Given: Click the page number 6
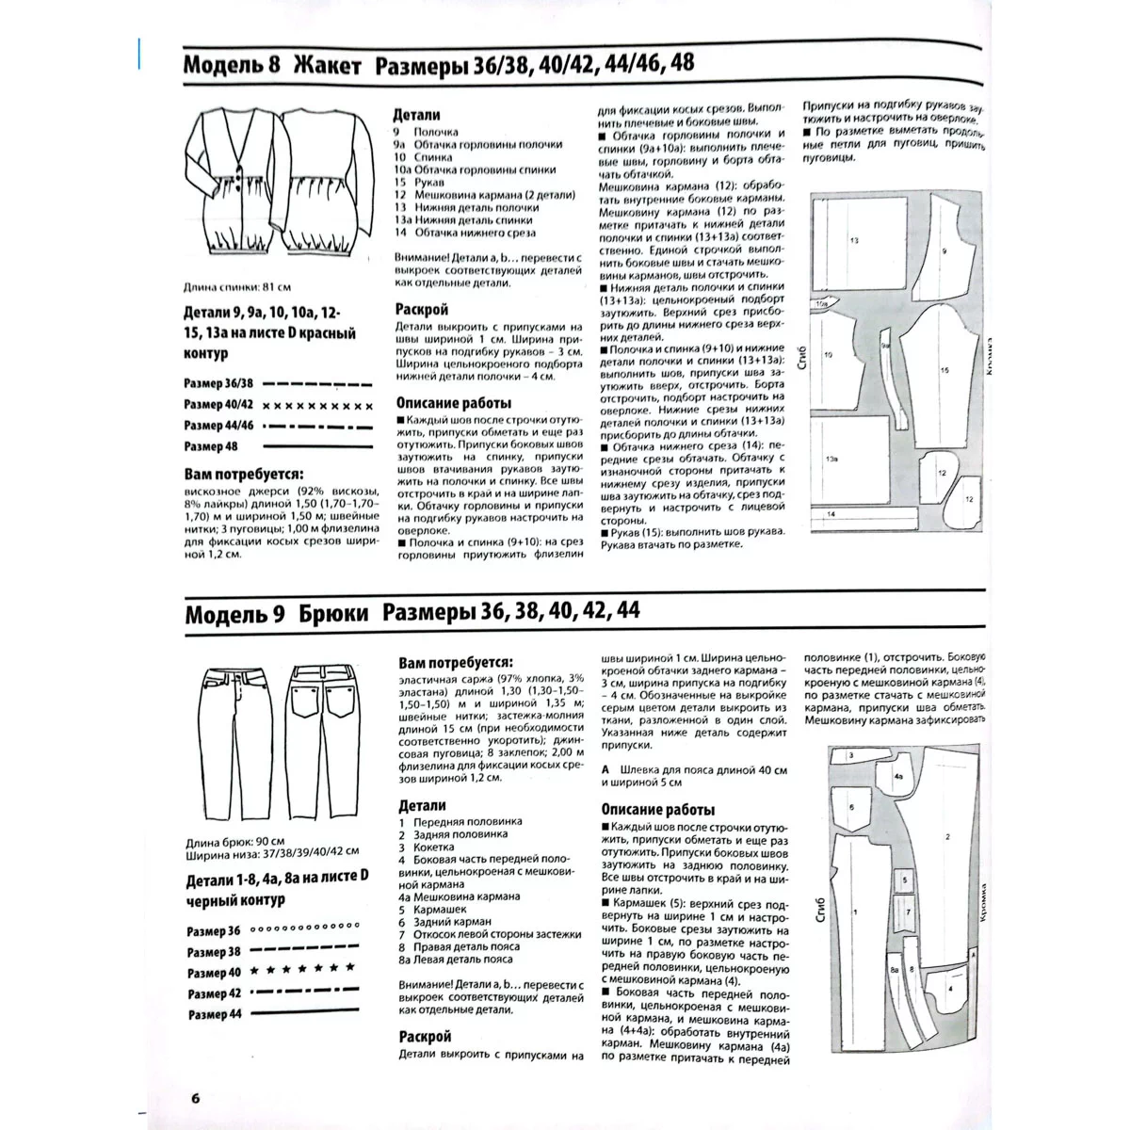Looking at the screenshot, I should click(195, 1097).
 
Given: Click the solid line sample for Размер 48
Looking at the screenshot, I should click(312, 445).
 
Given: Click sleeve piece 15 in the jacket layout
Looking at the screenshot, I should click(942, 372).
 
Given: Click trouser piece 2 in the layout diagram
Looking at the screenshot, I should click(946, 838).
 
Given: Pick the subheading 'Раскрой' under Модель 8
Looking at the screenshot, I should click(422, 309).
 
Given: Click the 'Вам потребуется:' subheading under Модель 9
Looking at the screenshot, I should click(456, 662).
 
